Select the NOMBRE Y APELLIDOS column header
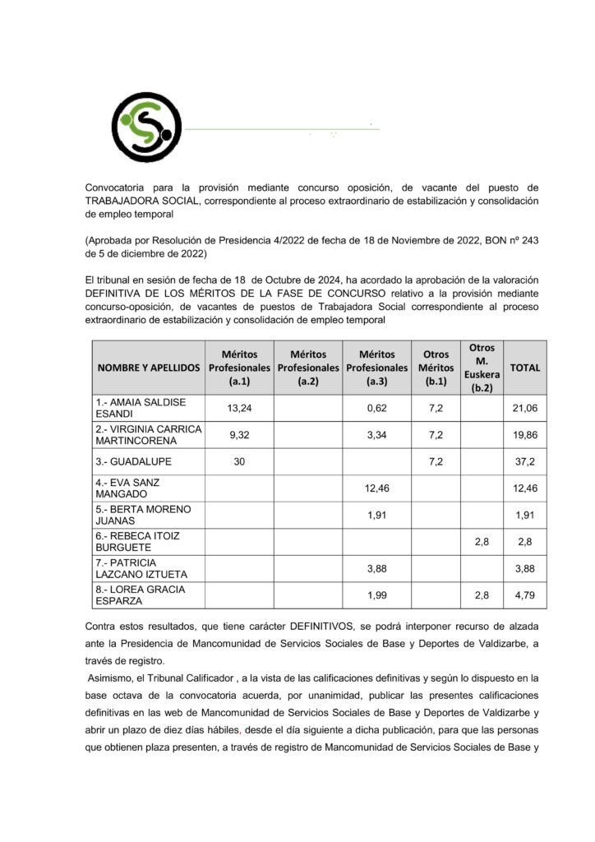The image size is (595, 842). tap(148, 368)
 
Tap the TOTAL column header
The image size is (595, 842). tap(525, 368)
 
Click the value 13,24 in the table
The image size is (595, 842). tap(239, 407)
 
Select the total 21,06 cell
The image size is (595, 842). tap(525, 407)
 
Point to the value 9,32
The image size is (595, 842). tap(239, 434)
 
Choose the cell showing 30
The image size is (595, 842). tap(239, 462)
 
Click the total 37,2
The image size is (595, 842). tap(525, 462)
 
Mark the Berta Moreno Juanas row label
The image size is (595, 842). tap(143, 515)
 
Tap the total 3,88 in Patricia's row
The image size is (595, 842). tap(525, 568)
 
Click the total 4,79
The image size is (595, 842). tap(525, 594)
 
